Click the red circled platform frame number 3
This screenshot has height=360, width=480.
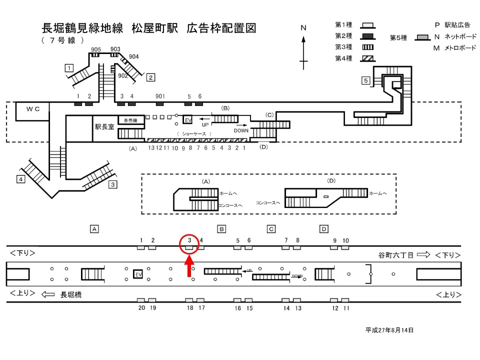189,241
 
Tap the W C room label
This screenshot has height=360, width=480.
33,108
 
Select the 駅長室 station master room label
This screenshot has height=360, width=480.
104,127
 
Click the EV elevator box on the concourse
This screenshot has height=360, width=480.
188,120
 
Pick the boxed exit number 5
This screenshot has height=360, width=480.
366,80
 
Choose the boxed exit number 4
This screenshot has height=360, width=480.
20,179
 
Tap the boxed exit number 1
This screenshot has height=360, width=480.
69,67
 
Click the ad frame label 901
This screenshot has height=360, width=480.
160,96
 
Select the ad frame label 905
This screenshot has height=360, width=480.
96,49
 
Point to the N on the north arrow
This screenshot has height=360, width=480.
303,28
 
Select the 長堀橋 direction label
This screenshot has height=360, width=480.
71,295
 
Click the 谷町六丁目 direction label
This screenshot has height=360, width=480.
396,255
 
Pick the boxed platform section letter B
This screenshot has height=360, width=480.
221,229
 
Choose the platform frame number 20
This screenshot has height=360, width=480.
141,308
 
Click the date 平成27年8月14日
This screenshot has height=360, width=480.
389,330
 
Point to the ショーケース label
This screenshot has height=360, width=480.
194,134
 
